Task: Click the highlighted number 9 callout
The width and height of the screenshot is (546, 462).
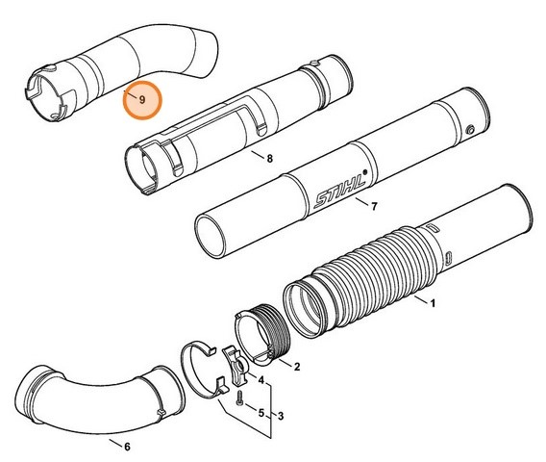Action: pyautogui.click(x=141, y=100)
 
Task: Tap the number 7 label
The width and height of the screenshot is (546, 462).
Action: pyautogui.click(x=373, y=206)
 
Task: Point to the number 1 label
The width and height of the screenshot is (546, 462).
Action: pyautogui.click(x=433, y=305)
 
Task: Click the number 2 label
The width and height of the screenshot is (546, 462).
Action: pyautogui.click(x=296, y=367)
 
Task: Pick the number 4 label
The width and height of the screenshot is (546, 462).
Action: pyautogui.click(x=261, y=381)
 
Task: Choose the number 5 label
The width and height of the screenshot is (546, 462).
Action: pyautogui.click(x=261, y=412)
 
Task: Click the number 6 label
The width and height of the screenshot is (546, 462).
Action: pyautogui.click(x=127, y=446)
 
